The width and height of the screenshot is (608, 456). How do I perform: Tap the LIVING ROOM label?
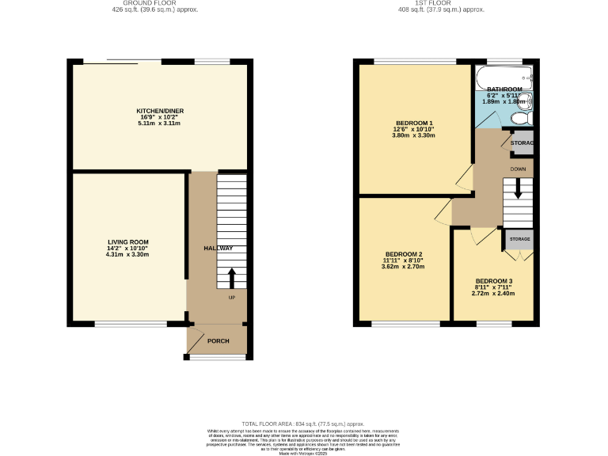tap(127, 241)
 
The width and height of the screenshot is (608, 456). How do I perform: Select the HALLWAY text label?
tap(218, 249)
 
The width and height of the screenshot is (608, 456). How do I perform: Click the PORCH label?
tap(218, 341)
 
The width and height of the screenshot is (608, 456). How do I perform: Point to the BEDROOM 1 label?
tap(414, 123)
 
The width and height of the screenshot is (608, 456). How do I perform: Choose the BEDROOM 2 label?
tap(403, 253)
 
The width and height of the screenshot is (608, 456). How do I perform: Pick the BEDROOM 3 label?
tap(494, 281)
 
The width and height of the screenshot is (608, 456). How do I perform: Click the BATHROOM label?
tap(504, 89)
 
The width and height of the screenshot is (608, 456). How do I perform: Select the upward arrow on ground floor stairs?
tap(232, 278)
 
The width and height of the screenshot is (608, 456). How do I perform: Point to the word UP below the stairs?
tap(232, 298)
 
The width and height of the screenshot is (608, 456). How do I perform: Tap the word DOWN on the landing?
tap(518, 169)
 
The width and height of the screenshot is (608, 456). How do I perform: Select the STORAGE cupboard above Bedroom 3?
tap(519, 238)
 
